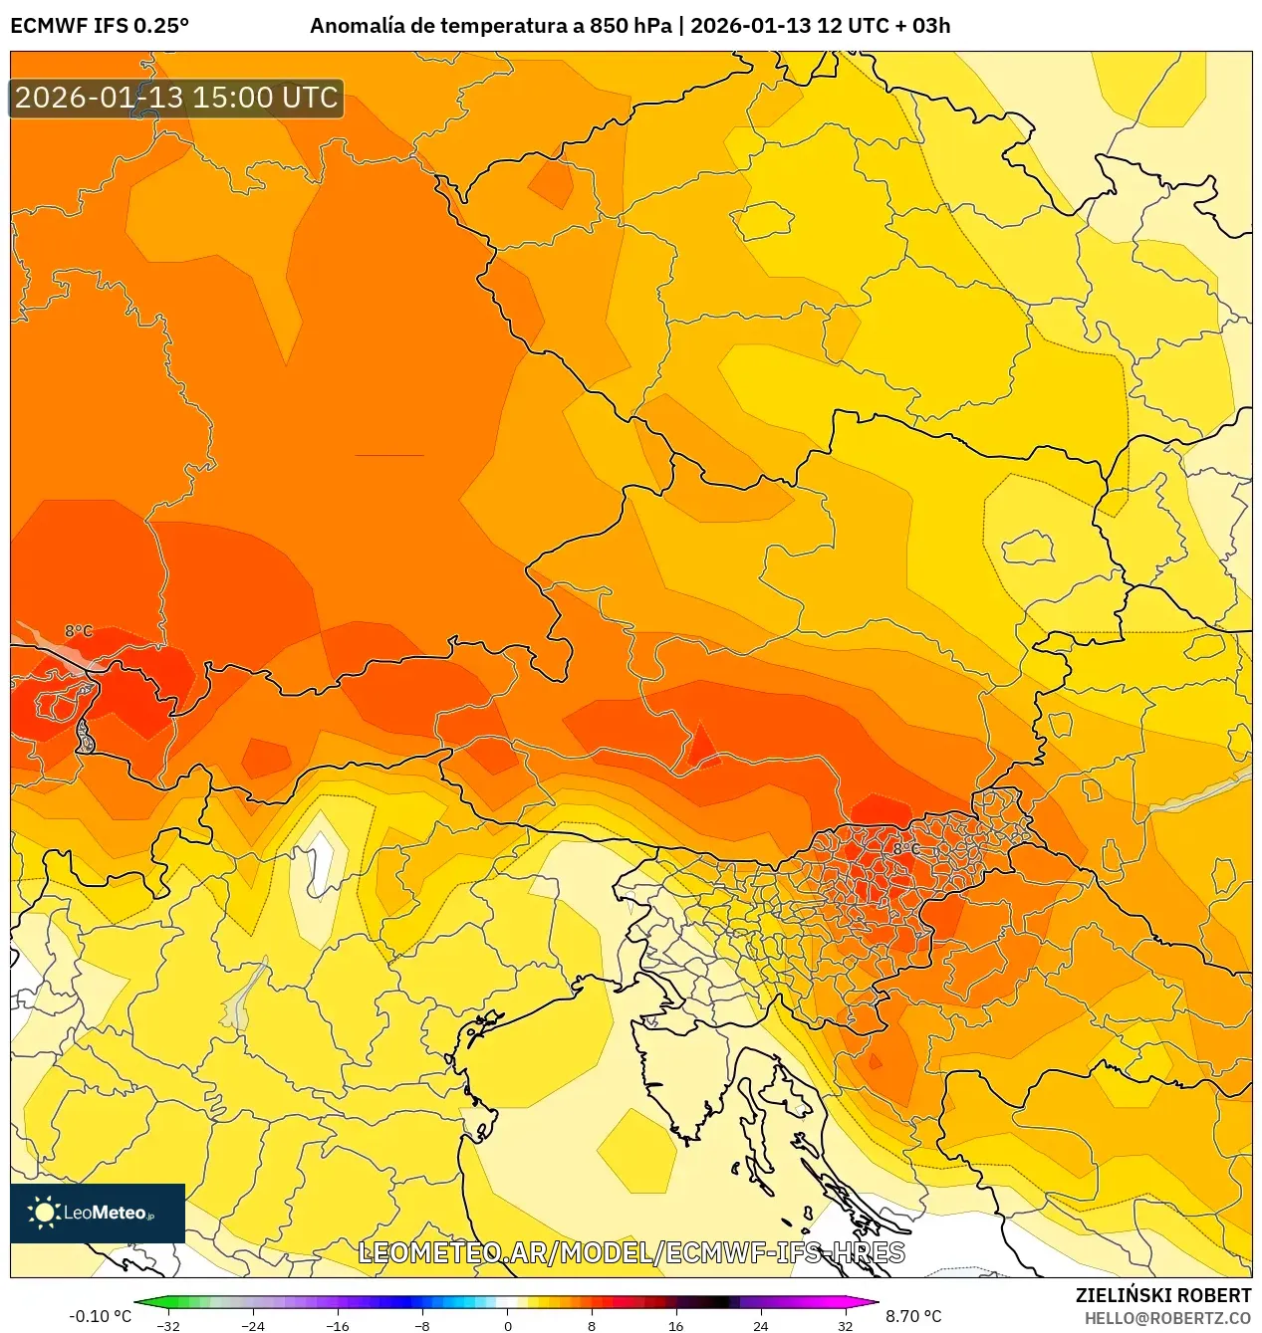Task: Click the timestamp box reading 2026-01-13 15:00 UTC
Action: (x=176, y=98)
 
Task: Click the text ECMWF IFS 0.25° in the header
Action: (x=100, y=26)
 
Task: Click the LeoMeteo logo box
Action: (x=98, y=1213)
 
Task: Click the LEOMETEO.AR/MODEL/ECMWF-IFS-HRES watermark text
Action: (x=631, y=1253)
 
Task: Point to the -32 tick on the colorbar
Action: (x=168, y=1325)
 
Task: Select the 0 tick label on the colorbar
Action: (x=507, y=1325)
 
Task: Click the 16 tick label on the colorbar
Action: (x=676, y=1325)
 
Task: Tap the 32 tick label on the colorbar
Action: (x=845, y=1325)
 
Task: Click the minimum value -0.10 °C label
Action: (x=100, y=1316)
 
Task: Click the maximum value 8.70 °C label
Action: (x=913, y=1316)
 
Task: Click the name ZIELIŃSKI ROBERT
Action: (x=1163, y=1295)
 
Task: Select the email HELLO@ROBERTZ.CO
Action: (x=1167, y=1318)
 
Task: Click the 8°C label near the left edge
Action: (x=79, y=631)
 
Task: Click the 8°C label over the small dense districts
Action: (x=905, y=849)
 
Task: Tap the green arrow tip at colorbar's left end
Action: (x=138, y=1301)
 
